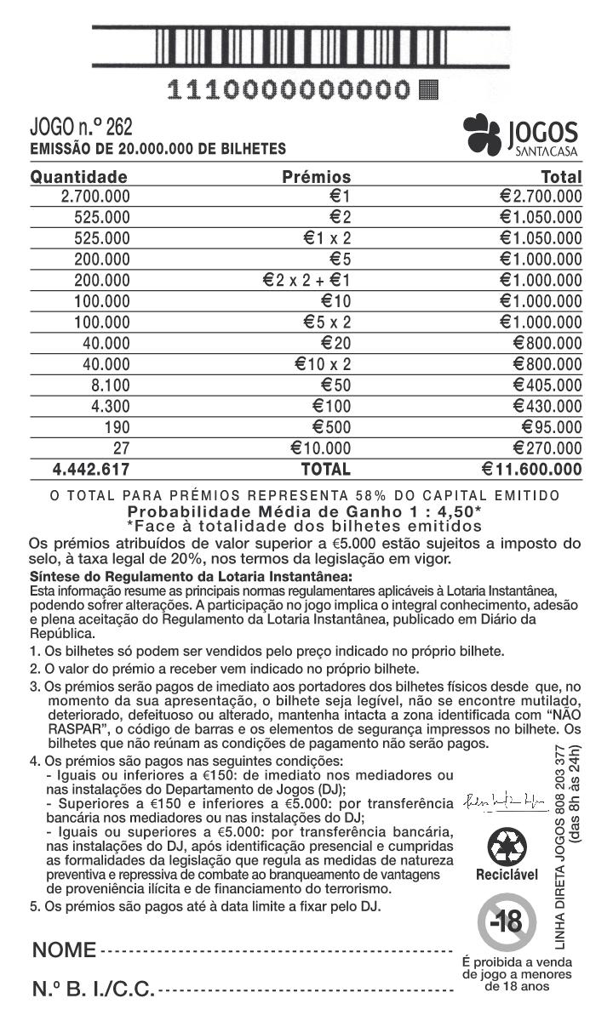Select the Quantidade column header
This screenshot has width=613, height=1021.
[x=79, y=177]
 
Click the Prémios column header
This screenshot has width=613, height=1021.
[x=316, y=177]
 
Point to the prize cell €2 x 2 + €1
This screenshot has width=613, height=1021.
[x=307, y=280]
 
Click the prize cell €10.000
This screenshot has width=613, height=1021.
[x=321, y=448]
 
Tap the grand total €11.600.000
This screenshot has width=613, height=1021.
[x=531, y=470]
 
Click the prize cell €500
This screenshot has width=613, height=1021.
[x=331, y=427]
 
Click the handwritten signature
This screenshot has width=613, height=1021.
[x=500, y=801]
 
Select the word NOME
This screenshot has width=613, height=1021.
[x=64, y=950]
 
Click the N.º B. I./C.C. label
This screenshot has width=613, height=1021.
[x=94, y=990]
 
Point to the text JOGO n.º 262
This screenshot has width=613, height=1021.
[x=82, y=128]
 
